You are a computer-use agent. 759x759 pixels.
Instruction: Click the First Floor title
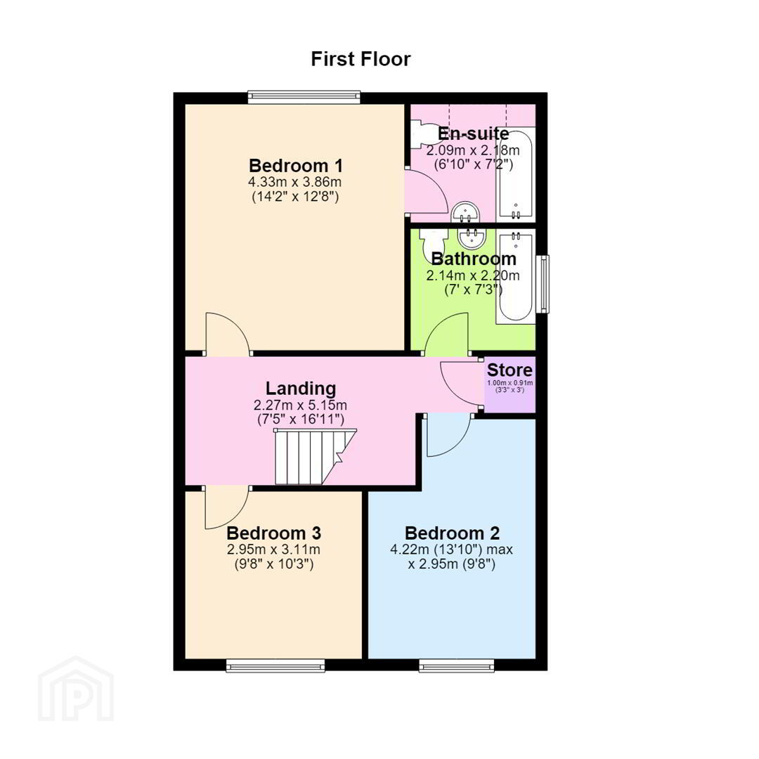point(361,59)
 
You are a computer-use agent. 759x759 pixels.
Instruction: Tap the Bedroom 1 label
point(296,166)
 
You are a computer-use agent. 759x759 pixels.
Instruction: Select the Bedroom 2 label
point(452,533)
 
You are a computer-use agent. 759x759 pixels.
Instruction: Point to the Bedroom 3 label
point(274,533)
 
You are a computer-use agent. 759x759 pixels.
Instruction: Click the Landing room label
point(301,388)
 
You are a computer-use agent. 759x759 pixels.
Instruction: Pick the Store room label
point(510,370)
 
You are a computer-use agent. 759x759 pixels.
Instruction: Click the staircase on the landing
point(315,457)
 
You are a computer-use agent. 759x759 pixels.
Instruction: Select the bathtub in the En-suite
point(516,174)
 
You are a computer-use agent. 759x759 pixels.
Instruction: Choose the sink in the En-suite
point(465,212)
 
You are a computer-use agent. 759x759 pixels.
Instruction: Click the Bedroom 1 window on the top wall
point(304,97)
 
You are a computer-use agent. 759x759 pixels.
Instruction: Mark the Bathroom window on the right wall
point(544,284)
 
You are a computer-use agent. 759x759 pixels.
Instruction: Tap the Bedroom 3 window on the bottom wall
point(275,667)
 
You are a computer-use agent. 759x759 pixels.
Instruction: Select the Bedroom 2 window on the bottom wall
point(457,667)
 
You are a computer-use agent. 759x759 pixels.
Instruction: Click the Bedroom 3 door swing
point(227,507)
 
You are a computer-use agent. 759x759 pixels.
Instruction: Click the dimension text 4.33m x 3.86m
point(294,183)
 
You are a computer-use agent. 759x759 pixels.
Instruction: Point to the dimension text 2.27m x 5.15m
point(300,405)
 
